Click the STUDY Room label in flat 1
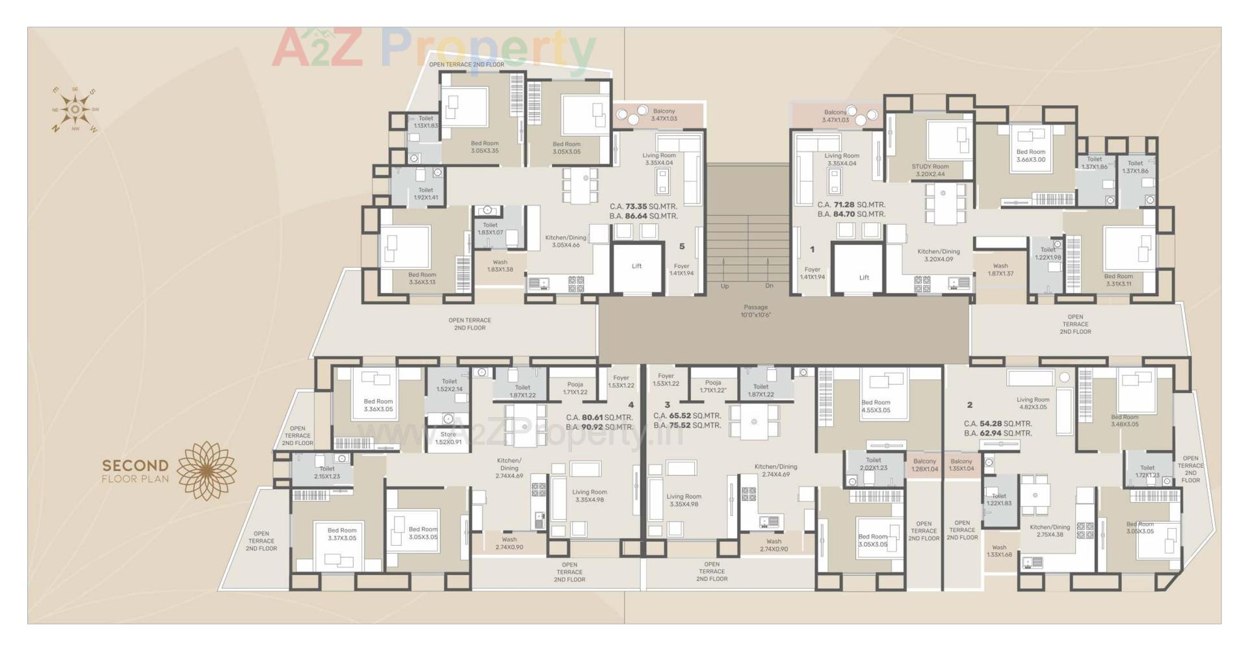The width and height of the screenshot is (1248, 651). coord(929,170)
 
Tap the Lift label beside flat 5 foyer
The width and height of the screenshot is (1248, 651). coord(636,266)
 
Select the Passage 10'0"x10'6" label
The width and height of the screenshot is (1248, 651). coord(755,311)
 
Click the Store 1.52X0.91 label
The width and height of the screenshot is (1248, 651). coord(448,438)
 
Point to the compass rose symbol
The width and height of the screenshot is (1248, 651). coord(75,110)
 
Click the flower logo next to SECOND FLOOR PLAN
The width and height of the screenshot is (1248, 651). coord(207,471)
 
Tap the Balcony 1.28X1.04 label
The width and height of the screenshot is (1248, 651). coord(924,465)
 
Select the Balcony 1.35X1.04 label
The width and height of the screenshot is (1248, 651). coord(961,465)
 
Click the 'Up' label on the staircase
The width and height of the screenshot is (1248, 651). coord(725,286)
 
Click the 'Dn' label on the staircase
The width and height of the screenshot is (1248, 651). coord(769,286)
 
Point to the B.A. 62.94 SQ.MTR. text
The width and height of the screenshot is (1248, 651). coord(998,433)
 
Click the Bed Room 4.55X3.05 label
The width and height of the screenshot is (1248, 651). coord(876,406)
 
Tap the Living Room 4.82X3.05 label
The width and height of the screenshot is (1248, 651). coord(1033,403)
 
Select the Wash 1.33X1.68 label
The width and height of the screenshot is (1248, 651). coord(999,551)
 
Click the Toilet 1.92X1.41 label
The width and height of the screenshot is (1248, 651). coord(426,194)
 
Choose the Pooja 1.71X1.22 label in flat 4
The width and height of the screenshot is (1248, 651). coord(575,388)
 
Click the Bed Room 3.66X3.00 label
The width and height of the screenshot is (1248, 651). coord(1031,155)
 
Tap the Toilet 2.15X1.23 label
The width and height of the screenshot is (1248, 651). coord(327,472)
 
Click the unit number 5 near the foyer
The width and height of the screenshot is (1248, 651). coord(682,246)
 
